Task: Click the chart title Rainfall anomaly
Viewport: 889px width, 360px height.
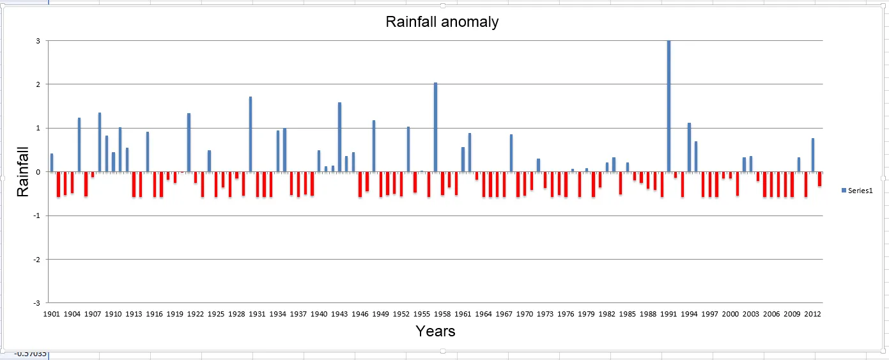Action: click(x=442, y=22)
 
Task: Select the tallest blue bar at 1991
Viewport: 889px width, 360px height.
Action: click(x=669, y=106)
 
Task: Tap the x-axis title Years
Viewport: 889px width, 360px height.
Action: click(x=435, y=331)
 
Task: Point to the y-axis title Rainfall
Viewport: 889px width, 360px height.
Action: click(x=23, y=171)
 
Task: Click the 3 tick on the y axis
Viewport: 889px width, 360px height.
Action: click(x=38, y=41)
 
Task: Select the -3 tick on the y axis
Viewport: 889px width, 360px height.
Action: click(x=36, y=303)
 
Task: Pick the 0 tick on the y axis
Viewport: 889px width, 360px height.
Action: click(x=38, y=172)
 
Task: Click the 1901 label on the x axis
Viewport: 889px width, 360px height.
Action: click(x=52, y=315)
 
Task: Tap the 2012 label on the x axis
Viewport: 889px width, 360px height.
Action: click(x=812, y=315)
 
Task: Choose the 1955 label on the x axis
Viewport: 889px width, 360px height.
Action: click(x=422, y=315)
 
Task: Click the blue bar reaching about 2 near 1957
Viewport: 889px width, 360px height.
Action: click(x=436, y=127)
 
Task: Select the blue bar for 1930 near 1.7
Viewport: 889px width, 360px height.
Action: click(x=251, y=134)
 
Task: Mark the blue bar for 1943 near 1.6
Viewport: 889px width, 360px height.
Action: click(x=339, y=137)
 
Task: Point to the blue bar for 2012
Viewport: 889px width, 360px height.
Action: click(x=813, y=155)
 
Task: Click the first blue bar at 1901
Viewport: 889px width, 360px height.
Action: click(x=52, y=163)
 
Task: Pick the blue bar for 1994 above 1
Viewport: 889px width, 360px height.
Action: click(x=690, y=147)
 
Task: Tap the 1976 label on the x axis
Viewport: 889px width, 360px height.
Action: click(x=566, y=315)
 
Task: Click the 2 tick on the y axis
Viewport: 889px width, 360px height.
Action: click(x=38, y=84)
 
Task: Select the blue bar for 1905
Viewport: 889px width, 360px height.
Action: click(x=79, y=145)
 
